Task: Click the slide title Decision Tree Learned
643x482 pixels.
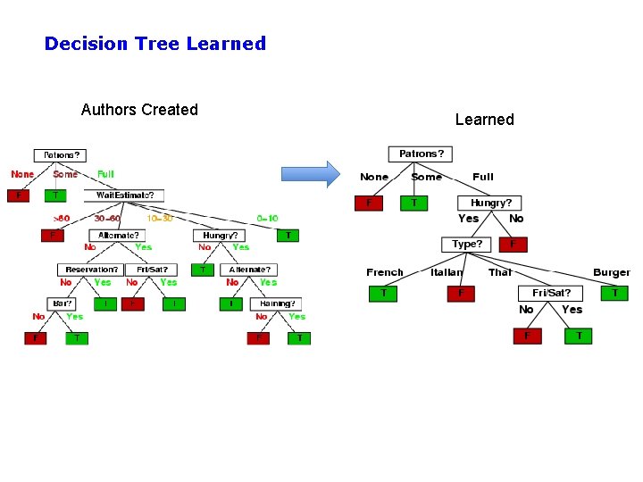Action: [155, 43]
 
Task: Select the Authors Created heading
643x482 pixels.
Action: [139, 110]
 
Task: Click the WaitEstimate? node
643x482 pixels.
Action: [124, 195]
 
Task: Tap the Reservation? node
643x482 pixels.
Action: [92, 269]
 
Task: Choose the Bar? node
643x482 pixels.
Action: [62, 303]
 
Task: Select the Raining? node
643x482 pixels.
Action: [276, 303]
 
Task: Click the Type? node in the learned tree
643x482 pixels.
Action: [467, 244]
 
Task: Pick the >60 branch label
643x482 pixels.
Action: [61, 218]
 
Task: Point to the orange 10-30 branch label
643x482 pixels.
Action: [159, 218]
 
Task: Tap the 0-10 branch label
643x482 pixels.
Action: [267, 218]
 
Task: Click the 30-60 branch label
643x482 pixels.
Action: [107, 218]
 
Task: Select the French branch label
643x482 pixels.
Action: [384, 272]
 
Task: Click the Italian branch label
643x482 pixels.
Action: [447, 272]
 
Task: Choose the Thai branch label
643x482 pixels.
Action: [500, 272]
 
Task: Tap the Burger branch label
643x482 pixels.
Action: [612, 272]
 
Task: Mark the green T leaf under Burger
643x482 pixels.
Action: [614, 292]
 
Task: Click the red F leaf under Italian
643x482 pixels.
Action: [461, 293]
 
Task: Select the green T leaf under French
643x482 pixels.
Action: [383, 293]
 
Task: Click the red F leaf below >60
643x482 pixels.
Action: [52, 235]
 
